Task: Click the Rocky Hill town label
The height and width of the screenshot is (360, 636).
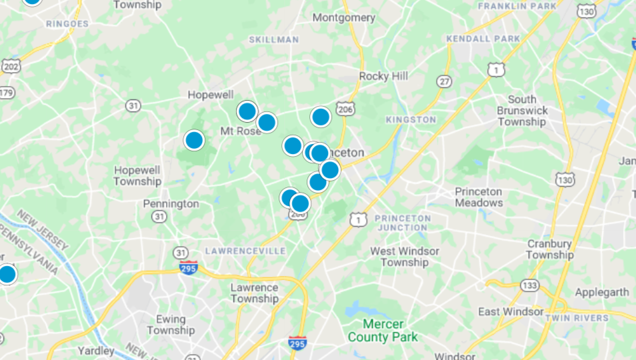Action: coord(383,76)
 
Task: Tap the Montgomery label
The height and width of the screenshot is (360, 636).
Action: coord(344,17)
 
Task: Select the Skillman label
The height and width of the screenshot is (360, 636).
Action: coord(274,40)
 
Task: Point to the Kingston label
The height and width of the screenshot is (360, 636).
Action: coord(411,120)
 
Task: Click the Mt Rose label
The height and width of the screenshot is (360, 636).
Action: coord(241,131)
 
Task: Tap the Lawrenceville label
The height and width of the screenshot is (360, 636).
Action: coord(245,251)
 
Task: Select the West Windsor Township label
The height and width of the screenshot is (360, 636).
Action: coord(405,257)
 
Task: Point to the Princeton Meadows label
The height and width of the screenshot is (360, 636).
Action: coord(479,197)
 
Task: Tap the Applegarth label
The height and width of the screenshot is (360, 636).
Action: coord(601,292)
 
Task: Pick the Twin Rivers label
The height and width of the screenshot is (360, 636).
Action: coord(576,319)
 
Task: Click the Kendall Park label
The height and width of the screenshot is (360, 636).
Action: coord(483,39)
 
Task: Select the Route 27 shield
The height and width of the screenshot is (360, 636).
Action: coord(444,81)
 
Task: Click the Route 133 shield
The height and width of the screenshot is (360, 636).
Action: coord(530,285)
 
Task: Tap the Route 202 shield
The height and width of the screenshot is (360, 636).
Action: coord(10,66)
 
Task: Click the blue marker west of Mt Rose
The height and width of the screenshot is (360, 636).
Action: coord(194,140)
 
